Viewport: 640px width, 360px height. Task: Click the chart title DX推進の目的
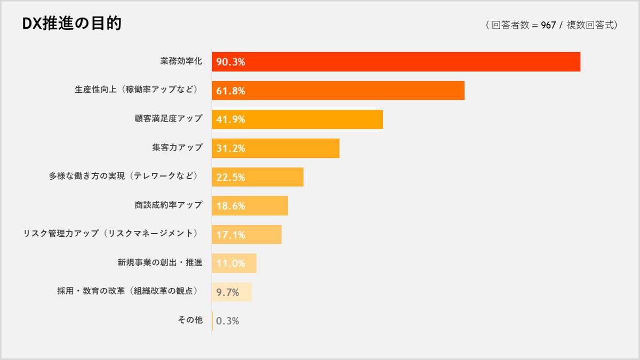[x=71, y=24]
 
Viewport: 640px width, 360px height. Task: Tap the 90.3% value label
[x=230, y=62]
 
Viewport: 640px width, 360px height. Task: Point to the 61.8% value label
[x=230, y=91]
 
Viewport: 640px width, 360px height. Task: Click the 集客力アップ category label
[x=177, y=148]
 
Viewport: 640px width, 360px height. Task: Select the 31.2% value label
[x=230, y=148]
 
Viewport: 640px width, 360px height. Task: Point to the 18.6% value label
[x=230, y=206]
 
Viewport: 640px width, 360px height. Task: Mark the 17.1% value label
[x=230, y=235]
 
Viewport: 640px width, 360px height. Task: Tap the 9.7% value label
[x=227, y=292]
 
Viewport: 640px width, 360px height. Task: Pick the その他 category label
[x=190, y=321]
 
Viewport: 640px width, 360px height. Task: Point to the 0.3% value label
[x=227, y=321]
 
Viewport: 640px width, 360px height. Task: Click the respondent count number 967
[x=548, y=25]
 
